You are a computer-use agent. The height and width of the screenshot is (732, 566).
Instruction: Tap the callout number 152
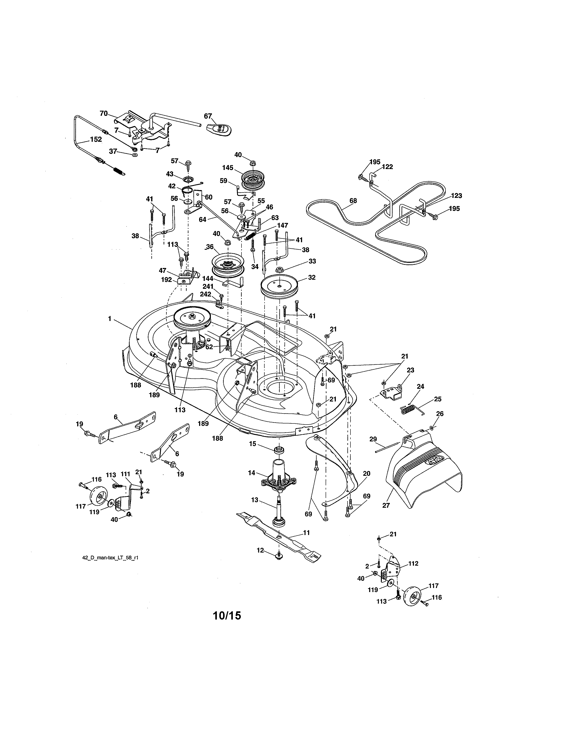coord(96,140)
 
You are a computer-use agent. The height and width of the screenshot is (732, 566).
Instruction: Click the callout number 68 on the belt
coord(353,201)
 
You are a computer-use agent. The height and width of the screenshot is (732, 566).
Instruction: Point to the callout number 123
coord(456,196)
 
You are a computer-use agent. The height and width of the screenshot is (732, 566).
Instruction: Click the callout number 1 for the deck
coord(109,319)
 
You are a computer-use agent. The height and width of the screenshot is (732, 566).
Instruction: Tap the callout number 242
coord(206,294)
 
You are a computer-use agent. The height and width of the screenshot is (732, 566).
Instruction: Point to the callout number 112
coord(413,563)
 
